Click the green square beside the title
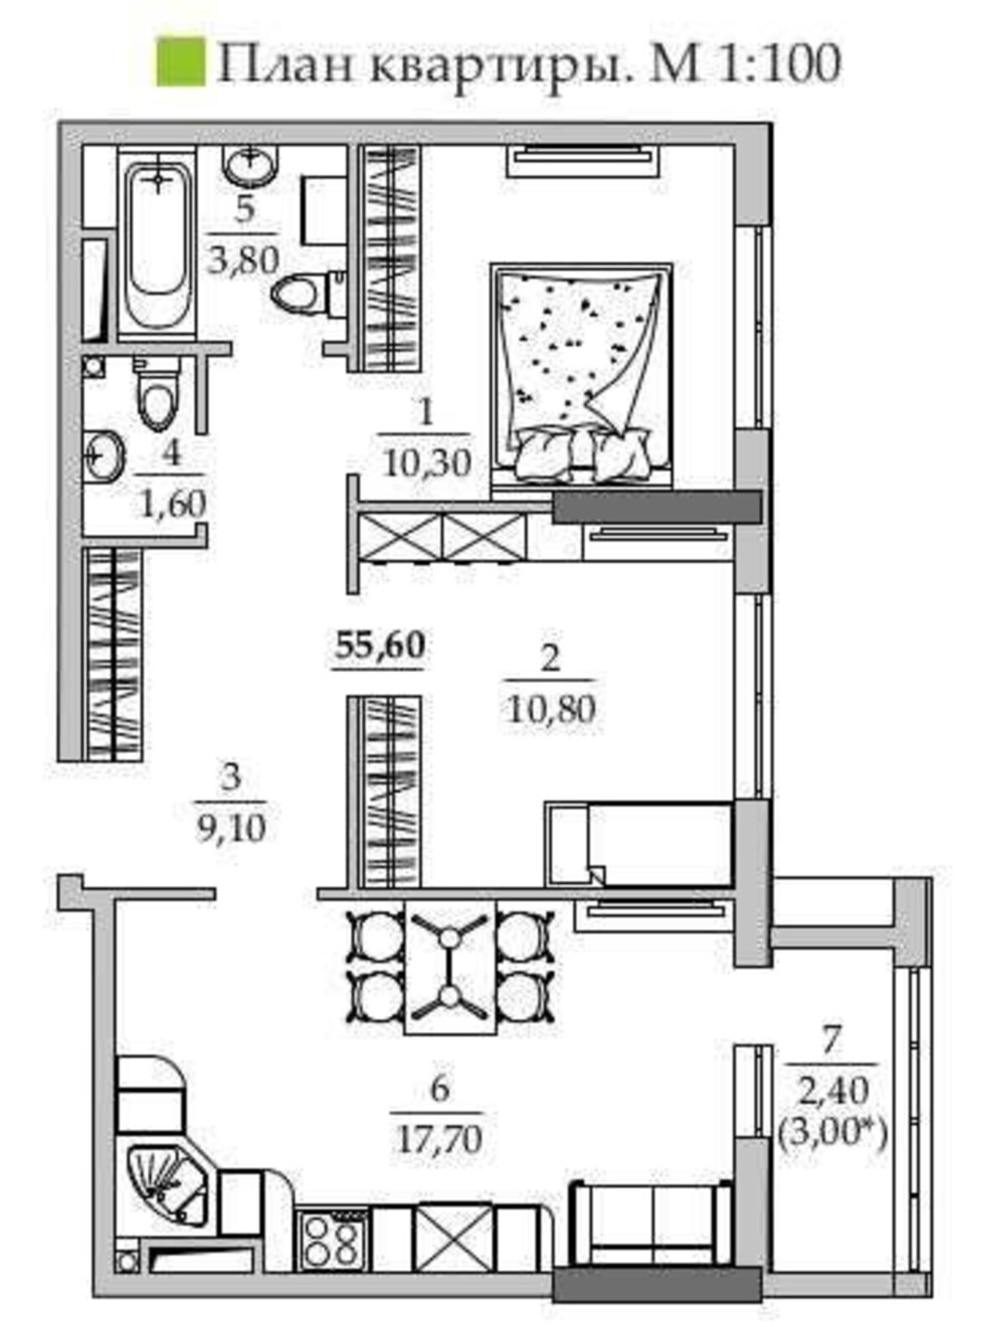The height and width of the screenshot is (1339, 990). coord(181,62)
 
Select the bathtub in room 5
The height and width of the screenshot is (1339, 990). coord(157,246)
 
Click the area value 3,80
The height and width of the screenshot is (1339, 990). coord(244,261)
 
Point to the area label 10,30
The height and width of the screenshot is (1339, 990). coord(426,464)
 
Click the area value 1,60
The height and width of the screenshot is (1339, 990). coord(173,503)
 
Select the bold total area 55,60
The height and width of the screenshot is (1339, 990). coord(380,646)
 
